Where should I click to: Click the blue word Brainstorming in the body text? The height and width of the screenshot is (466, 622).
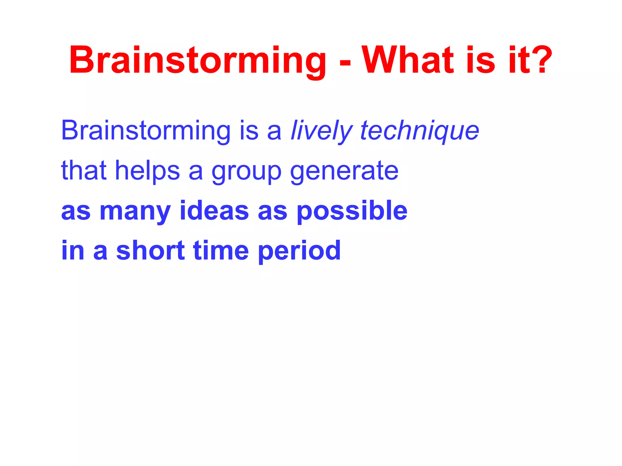click(146, 131)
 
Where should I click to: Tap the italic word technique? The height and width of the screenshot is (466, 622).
click(419, 131)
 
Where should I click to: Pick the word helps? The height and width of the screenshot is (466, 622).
click(148, 171)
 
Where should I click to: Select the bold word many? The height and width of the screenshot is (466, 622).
click(135, 212)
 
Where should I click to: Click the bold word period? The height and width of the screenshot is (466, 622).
click(299, 251)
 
